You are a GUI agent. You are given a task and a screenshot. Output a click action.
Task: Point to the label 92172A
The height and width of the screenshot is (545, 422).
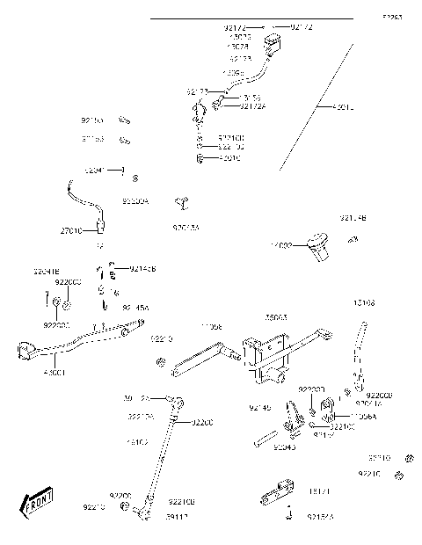point(251,106)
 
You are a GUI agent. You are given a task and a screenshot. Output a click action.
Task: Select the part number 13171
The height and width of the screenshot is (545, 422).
point(318,491)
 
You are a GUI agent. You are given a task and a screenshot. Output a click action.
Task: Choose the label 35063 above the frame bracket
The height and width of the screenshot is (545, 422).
point(276,317)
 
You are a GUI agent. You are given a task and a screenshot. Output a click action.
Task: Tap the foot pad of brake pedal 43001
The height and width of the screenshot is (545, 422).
point(25,353)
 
